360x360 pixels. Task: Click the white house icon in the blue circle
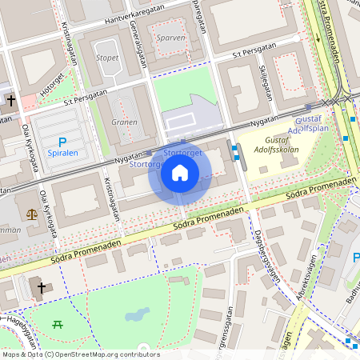180,173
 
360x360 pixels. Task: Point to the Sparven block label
170,37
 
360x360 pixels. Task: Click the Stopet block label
107,58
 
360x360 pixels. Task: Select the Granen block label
124,122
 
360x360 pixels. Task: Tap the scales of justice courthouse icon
31,214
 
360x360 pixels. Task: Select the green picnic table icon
57,324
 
